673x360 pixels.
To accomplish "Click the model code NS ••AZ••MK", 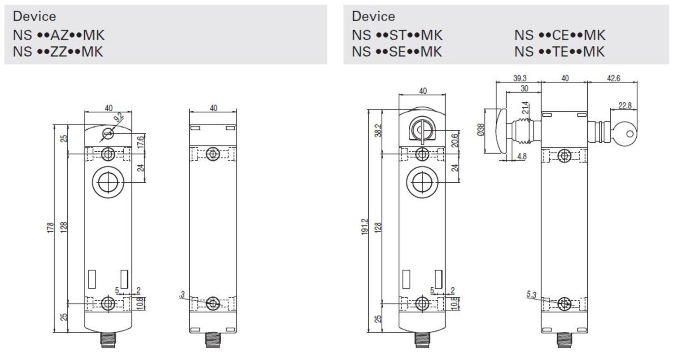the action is pyautogui.click(x=59, y=35).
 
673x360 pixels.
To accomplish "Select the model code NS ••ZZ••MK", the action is pyautogui.click(x=58, y=51).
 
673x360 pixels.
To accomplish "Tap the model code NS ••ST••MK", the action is pyautogui.click(x=397, y=35).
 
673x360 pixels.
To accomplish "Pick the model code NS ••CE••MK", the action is pyautogui.click(x=560, y=35).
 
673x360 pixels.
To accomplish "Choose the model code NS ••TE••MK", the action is pyautogui.click(x=559, y=51).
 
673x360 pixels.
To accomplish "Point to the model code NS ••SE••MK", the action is pyautogui.click(x=397, y=51).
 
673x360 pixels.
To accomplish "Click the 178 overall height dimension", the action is pyautogui.click(x=50, y=228).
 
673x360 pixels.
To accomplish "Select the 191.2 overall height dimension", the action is pyautogui.click(x=364, y=227).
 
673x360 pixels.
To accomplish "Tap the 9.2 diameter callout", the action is pyautogui.click(x=119, y=117).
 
